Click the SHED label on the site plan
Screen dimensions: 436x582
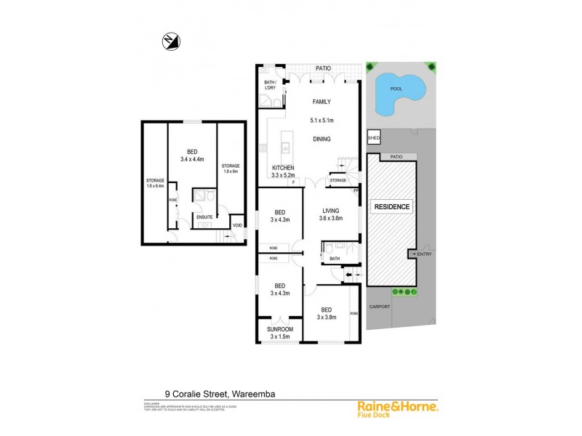(x=374, y=137)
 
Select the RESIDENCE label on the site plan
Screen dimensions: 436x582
(x=392, y=207)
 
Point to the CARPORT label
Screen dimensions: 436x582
(x=380, y=307)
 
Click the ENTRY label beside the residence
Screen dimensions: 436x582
(x=424, y=254)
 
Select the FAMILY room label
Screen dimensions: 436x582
(x=322, y=103)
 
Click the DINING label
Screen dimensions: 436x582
(x=322, y=139)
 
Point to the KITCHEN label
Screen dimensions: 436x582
(x=283, y=168)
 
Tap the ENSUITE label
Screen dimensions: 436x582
(x=204, y=217)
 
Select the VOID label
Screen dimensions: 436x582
(x=237, y=225)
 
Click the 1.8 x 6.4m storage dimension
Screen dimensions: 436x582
(x=155, y=186)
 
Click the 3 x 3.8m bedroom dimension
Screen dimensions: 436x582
(x=327, y=317)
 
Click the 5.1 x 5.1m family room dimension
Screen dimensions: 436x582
(x=322, y=120)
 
